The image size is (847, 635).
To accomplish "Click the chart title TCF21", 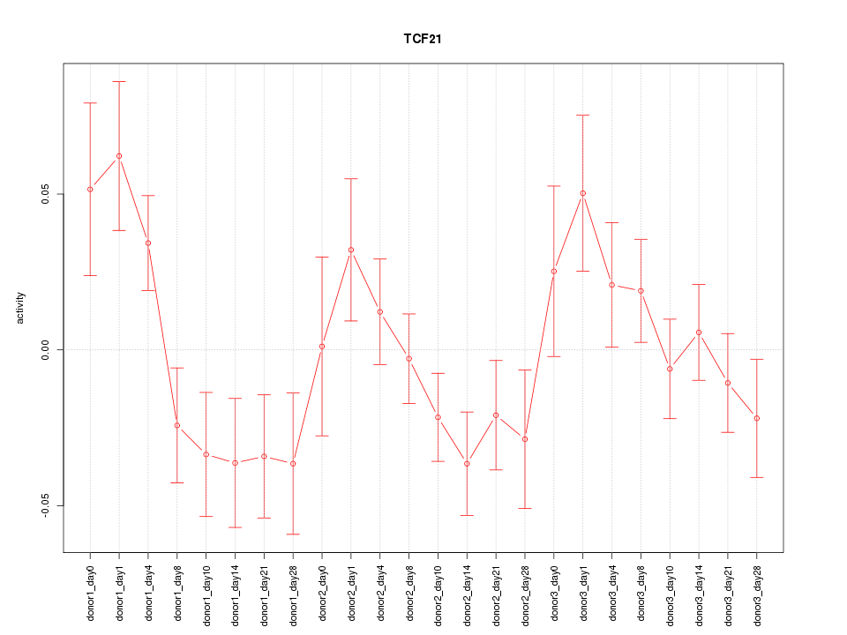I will (x=423, y=39).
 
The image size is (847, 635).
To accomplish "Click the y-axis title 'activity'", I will (x=21, y=308).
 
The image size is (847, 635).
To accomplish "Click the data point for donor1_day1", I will (x=119, y=156).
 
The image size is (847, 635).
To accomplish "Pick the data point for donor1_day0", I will (x=90, y=190).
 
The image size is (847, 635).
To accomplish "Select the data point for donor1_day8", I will (x=177, y=426).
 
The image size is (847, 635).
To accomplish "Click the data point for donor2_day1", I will (x=351, y=250).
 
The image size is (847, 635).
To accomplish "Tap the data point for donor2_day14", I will (x=467, y=464).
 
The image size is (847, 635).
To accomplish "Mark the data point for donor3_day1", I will (x=583, y=193).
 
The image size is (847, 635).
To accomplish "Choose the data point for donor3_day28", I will (x=757, y=418).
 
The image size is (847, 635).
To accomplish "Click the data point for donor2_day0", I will (x=322, y=347).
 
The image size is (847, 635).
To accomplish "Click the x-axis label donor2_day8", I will (x=409, y=587).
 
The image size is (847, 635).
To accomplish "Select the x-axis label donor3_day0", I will (x=554, y=587).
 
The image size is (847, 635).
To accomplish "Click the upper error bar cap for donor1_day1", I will (x=119, y=81).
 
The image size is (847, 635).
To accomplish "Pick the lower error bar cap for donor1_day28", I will (x=293, y=534).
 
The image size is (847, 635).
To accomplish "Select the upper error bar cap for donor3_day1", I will (x=583, y=115).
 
